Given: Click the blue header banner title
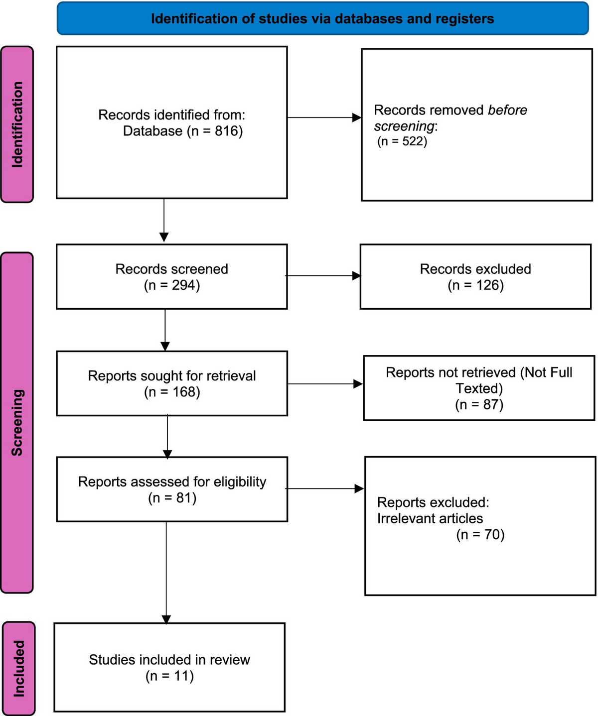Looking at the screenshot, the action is [x=322, y=19].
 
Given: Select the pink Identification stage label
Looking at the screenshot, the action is [x=17, y=124].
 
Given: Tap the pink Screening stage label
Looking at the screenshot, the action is [x=17, y=422].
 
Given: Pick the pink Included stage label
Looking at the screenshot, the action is [x=19, y=668].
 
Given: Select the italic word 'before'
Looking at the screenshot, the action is [x=507, y=110].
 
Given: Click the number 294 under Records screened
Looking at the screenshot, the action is [x=184, y=285].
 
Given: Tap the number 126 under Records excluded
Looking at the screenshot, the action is [x=487, y=285].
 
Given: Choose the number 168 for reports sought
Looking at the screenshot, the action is [x=184, y=392].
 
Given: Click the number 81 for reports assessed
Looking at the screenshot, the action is [x=184, y=498].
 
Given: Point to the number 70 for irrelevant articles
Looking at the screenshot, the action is [x=492, y=535].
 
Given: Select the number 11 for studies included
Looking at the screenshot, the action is [x=181, y=676].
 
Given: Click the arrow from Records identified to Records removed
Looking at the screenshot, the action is [x=324, y=118].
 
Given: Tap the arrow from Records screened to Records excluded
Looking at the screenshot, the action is [x=323, y=276].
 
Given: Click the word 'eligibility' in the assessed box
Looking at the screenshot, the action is [x=240, y=482].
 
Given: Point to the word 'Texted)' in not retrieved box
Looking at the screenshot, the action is [x=479, y=388].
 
